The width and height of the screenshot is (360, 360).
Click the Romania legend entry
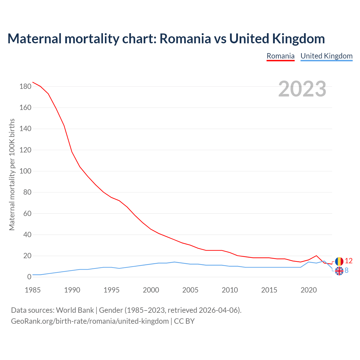coord(280,56)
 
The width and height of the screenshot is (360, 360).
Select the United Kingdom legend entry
coord(326,56)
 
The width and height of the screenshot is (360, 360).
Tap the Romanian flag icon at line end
coord(339,261)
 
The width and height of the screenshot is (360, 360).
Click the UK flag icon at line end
coord(339,271)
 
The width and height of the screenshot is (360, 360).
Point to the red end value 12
coord(348,261)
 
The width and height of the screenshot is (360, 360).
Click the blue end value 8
coord(346,270)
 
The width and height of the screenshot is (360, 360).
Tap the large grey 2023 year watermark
coord(302,89)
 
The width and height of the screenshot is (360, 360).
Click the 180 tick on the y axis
coord(25,87)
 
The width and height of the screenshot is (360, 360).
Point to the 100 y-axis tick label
coord(25,171)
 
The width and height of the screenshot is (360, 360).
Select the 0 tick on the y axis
coord(29,277)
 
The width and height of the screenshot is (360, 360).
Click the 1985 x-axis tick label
coord(33,290)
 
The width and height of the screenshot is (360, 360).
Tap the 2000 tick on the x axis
coord(151,290)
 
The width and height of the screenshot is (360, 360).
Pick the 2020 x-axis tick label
coord(309,290)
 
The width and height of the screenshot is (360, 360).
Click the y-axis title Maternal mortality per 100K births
coord(12,174)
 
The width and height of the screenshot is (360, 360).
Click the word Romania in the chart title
coord(185,39)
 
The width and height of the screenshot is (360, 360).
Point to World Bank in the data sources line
coord(75,310)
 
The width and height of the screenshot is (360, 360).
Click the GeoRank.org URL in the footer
coord(90,321)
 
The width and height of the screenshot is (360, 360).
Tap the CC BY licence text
coord(184,321)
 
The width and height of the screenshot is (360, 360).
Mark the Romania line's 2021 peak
coord(316,256)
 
